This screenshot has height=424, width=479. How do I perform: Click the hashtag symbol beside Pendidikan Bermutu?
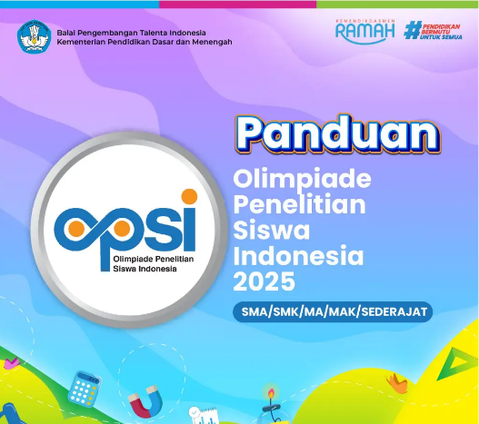click(x=414, y=30)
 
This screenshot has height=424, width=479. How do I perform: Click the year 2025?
click(x=260, y=277)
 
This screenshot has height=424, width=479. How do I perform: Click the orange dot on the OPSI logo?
click(x=187, y=194)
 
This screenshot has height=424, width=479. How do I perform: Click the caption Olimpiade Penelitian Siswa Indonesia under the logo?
click(x=127, y=263)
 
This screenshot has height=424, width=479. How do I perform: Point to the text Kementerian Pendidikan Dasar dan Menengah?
click(x=145, y=42)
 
